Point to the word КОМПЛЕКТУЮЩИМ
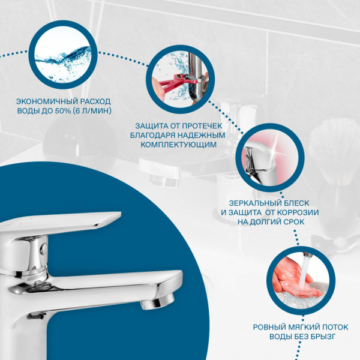pyautogui.click(x=178, y=145)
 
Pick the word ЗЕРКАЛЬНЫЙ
pyautogui.click(x=255, y=203)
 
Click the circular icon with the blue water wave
pyautogui.click(x=63, y=55)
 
